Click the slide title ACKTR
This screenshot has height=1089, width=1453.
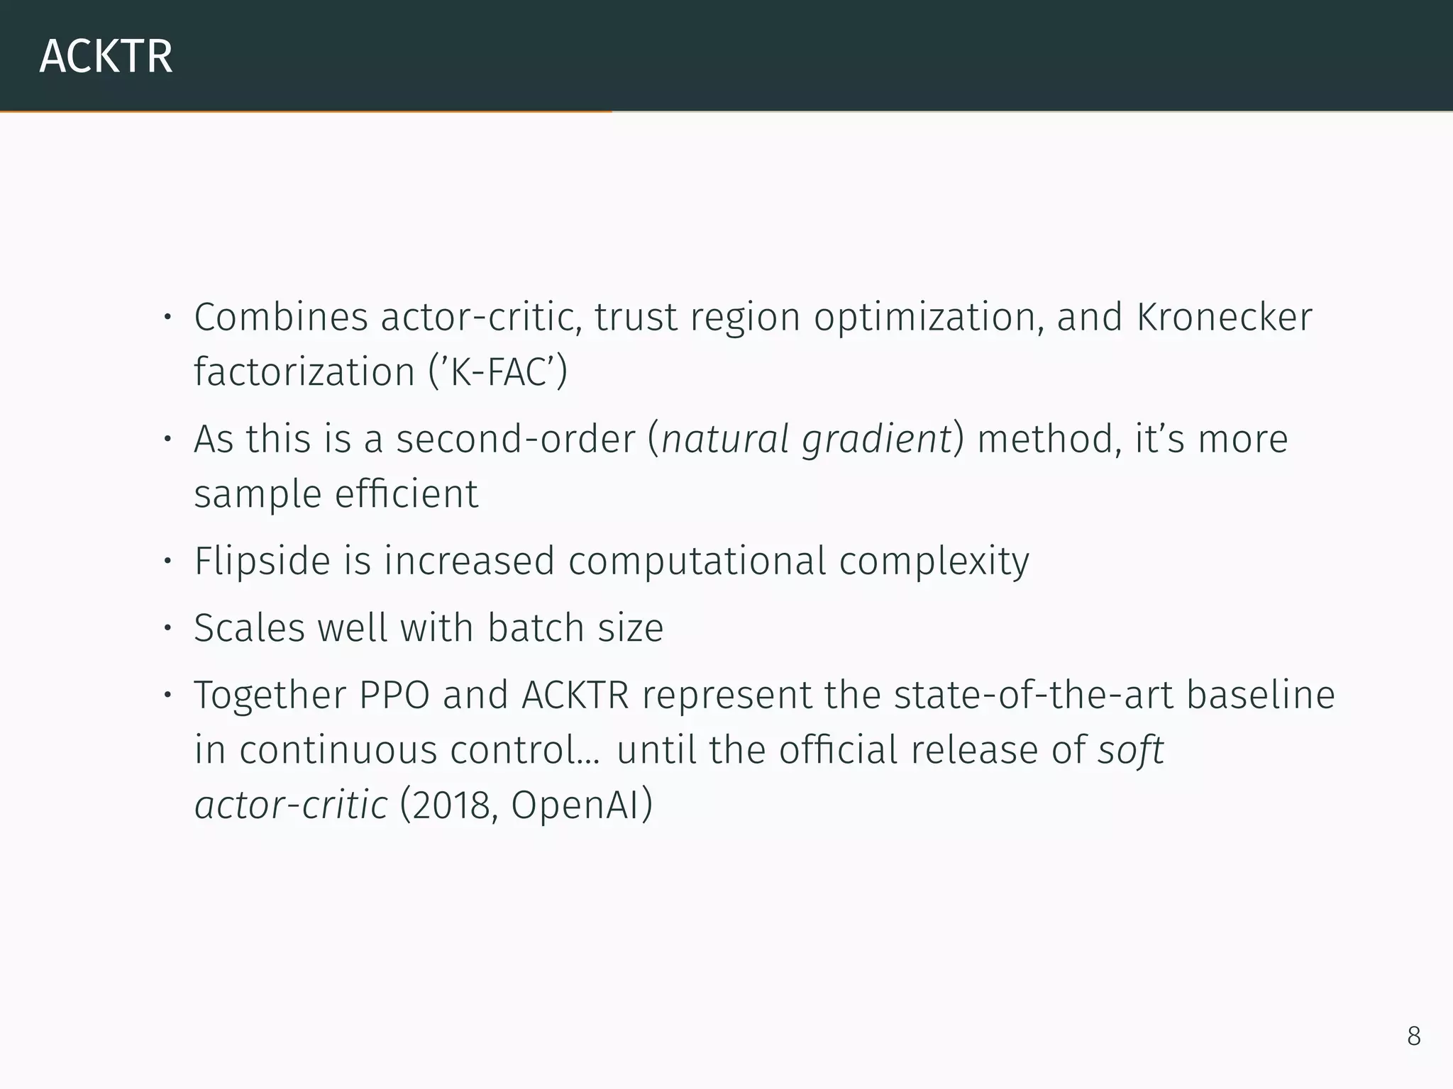(x=106, y=57)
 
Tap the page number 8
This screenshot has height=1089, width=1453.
(x=1413, y=1036)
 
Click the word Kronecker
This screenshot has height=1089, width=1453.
(x=1224, y=317)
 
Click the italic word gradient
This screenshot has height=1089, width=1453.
(x=876, y=440)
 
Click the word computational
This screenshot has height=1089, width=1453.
(x=697, y=562)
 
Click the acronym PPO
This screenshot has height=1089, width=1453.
(x=394, y=695)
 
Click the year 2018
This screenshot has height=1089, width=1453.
(x=451, y=805)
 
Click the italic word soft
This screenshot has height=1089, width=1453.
(x=1131, y=750)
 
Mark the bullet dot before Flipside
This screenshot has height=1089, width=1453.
(x=167, y=562)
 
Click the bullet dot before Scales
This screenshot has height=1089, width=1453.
(x=167, y=627)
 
